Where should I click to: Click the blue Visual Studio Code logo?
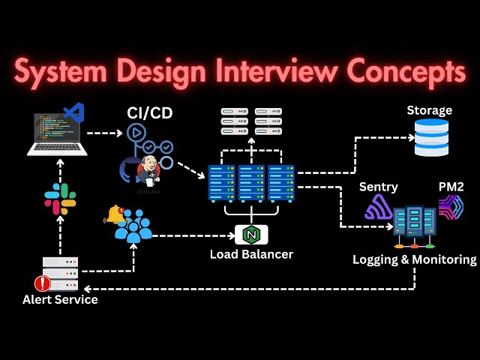(73, 112)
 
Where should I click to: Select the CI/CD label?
(149, 113)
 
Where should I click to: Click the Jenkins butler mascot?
(148, 171)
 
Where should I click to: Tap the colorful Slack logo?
(60, 199)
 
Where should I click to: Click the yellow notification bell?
(115, 214)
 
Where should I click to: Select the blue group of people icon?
(133, 226)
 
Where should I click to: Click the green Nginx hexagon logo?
(251, 235)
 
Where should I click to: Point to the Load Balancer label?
(251, 254)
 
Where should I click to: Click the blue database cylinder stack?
(431, 137)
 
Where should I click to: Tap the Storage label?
(430, 110)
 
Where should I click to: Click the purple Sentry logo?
(379, 208)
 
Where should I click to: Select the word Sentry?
(378, 187)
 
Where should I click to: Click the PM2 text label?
(451, 186)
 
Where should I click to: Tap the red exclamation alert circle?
(42, 283)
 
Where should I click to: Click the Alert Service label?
(60, 300)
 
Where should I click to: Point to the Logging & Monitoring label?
(414, 259)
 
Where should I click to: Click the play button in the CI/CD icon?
(136, 133)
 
